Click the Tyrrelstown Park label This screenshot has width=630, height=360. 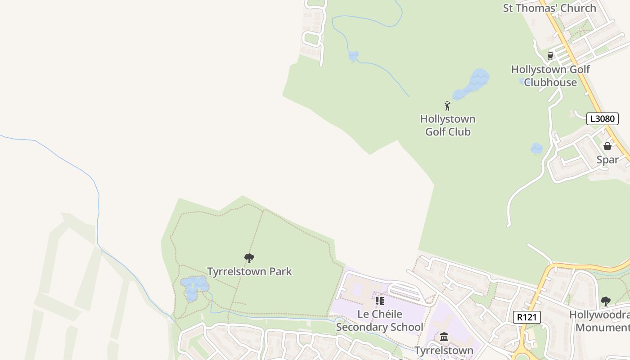point(249,271)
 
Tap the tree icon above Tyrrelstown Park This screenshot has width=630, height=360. point(249,258)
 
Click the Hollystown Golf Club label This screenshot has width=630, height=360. point(448,125)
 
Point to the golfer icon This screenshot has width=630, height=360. point(447,106)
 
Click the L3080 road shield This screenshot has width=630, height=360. point(602,119)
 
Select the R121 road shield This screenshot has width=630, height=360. point(526,317)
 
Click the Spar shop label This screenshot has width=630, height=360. point(607,159)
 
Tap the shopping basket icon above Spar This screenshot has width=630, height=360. point(607,146)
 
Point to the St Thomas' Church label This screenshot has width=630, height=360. point(549,8)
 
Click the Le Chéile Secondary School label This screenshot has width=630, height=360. point(379,320)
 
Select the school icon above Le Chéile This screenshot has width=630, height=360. point(379,301)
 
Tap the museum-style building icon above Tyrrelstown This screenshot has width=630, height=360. point(444,337)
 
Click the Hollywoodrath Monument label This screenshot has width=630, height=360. point(601,321)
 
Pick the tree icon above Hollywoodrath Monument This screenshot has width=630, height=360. point(606,301)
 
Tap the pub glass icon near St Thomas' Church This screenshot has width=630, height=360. point(550,56)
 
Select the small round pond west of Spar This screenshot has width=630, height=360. point(536,148)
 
